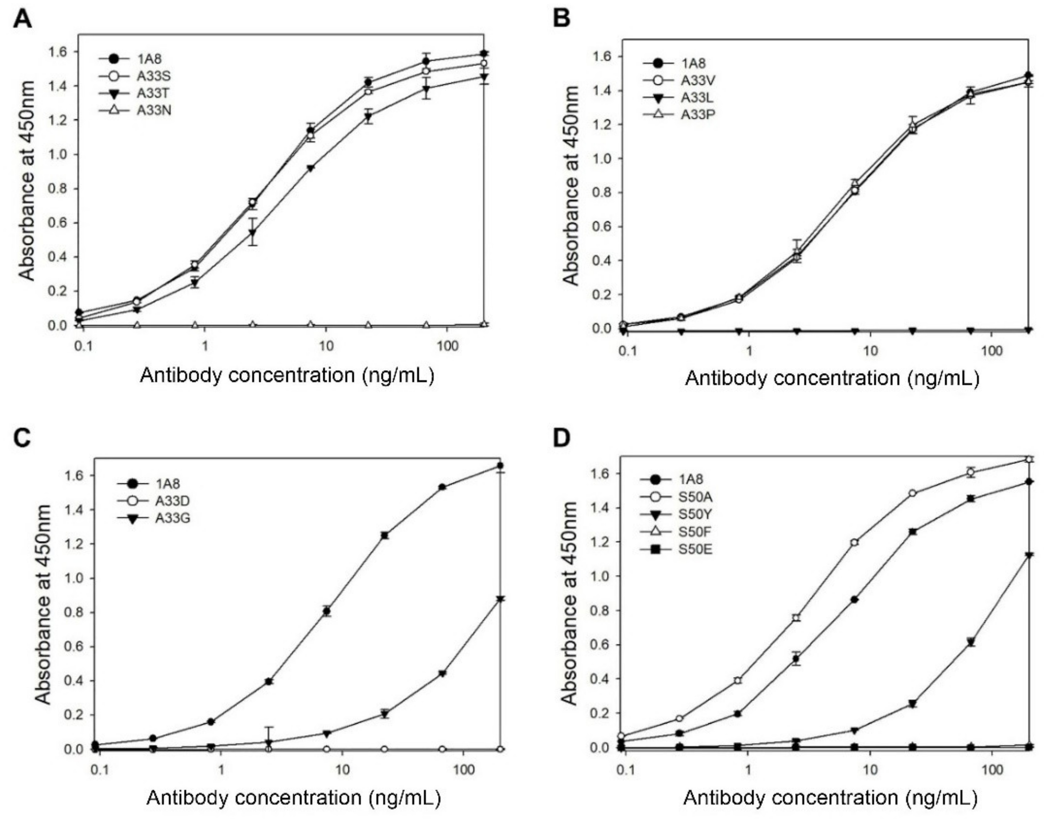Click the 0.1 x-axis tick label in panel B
click(628, 350)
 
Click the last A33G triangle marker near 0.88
click(500, 599)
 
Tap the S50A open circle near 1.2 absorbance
click(855, 543)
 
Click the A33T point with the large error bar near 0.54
click(253, 232)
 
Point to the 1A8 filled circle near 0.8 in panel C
click(327, 611)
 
